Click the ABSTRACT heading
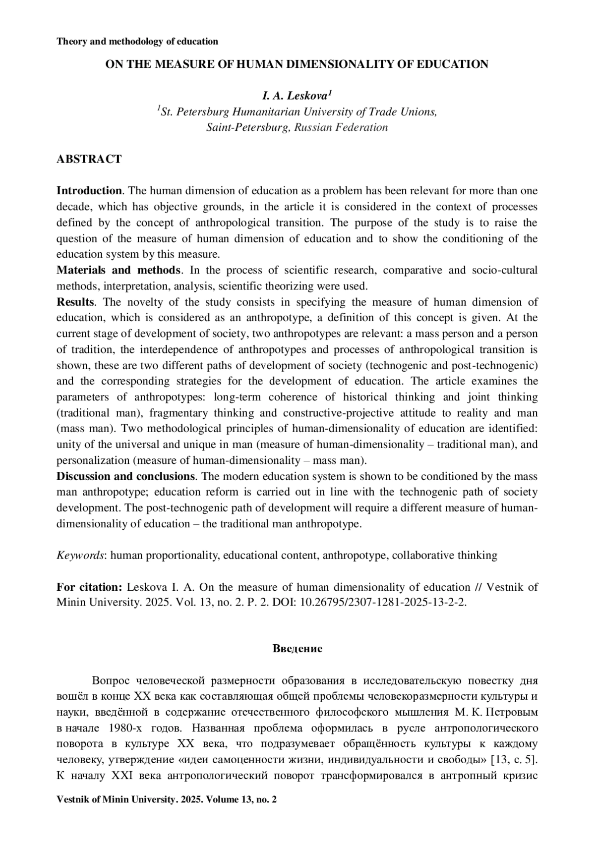click(89, 159)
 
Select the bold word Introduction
click(89, 191)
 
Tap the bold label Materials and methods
click(118, 270)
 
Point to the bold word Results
click(75, 302)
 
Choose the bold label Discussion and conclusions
click(125, 476)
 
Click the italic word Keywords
click(80, 555)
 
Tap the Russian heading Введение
click(297, 649)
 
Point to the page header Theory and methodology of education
click(137, 41)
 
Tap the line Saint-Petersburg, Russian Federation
click(297, 127)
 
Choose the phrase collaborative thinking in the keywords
click(445, 555)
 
